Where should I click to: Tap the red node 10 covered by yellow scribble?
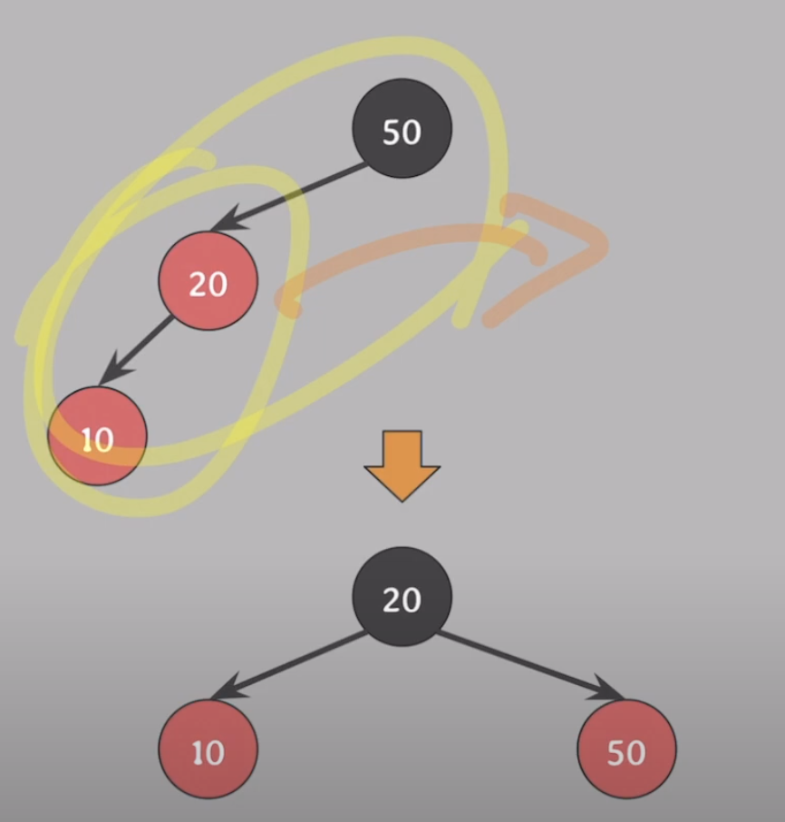(x=97, y=436)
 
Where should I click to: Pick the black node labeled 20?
(x=402, y=597)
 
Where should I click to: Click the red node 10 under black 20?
(x=208, y=750)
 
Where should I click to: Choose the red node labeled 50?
(x=626, y=750)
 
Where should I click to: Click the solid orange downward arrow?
(x=402, y=464)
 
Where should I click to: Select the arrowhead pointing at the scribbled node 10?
(x=111, y=372)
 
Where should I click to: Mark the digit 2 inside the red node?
(x=198, y=285)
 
